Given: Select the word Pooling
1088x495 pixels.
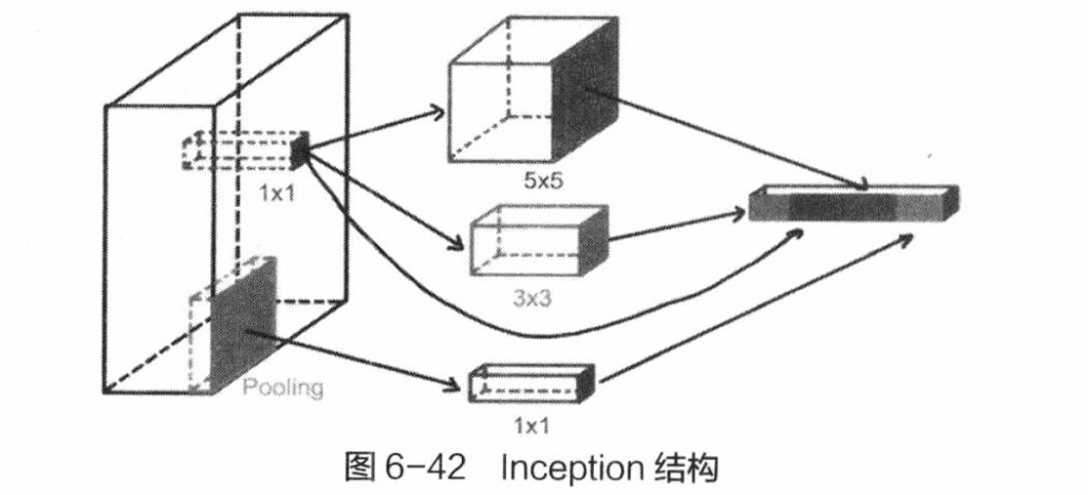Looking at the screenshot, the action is [x=283, y=387].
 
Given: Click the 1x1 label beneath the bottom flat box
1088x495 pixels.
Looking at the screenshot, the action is [x=532, y=425].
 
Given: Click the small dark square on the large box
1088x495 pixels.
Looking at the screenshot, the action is [x=299, y=150].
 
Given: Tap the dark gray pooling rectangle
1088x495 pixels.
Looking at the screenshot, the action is [x=243, y=322].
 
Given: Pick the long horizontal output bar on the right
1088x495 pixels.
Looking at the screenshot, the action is [x=854, y=203].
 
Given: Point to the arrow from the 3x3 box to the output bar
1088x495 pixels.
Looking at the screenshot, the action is [x=677, y=226].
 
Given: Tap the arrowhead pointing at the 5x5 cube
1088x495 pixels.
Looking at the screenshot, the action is [x=436, y=111].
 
